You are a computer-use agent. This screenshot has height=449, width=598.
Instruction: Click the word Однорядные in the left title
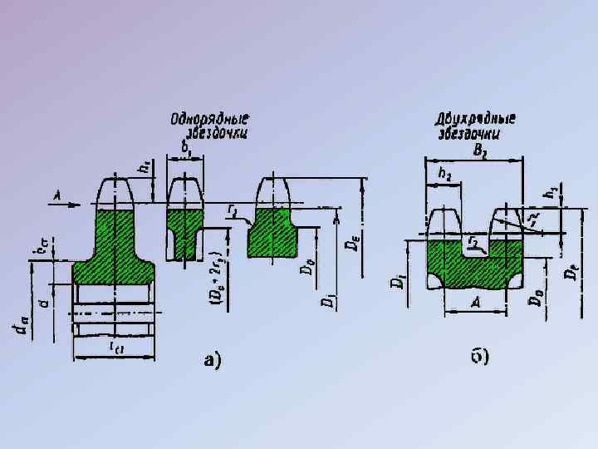click(x=210, y=118)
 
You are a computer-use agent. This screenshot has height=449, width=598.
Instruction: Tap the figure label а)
click(x=213, y=359)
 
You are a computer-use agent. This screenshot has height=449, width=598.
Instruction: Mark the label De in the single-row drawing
click(x=355, y=240)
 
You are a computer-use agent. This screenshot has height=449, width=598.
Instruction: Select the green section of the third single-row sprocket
click(x=272, y=233)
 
